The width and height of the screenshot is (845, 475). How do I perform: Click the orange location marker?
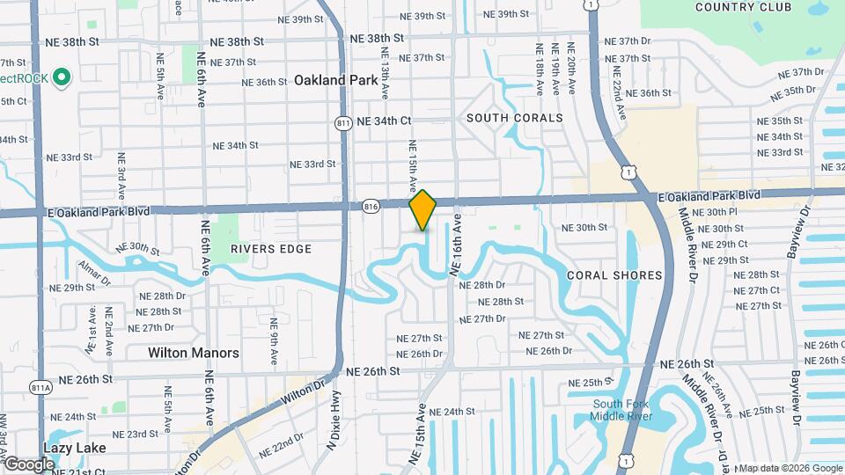pyautogui.click(x=423, y=210)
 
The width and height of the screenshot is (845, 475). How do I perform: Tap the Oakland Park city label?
pyautogui.click(x=336, y=80)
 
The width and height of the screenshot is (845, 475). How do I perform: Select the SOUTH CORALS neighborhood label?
pyautogui.click(x=515, y=118)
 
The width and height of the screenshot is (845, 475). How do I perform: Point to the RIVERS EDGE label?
pyautogui.click(x=271, y=249)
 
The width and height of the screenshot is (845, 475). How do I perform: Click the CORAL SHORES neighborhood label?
pyautogui.click(x=614, y=275)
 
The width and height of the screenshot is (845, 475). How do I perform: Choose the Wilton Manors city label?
pyautogui.click(x=194, y=353)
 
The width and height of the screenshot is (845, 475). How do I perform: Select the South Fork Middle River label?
pyautogui.click(x=621, y=410)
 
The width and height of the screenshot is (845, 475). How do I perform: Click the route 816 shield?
pyautogui.click(x=371, y=206)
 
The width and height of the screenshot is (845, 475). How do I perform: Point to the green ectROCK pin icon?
pyautogui.click(x=61, y=77)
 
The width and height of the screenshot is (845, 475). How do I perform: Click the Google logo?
pyautogui.click(x=29, y=464)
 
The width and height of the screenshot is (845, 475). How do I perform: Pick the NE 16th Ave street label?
pyautogui.click(x=457, y=245)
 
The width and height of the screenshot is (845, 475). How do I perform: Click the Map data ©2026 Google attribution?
pyautogui.click(x=790, y=468)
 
